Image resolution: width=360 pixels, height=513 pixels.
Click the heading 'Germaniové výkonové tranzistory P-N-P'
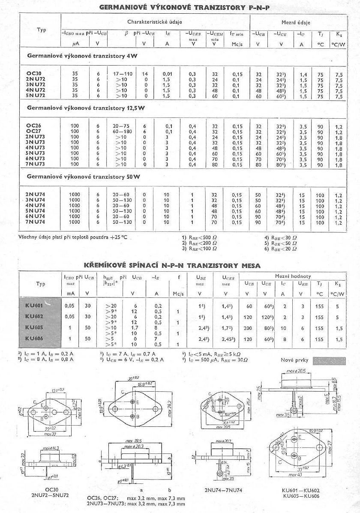pos(184,8)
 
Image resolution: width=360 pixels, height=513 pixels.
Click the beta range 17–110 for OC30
pos(123,74)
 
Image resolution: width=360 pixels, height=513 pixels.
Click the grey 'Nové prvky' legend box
pos(329,361)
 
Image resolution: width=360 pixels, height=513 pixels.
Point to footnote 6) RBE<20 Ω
pos(281,249)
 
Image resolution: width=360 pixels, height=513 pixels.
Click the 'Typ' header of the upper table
pos(42,30)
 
